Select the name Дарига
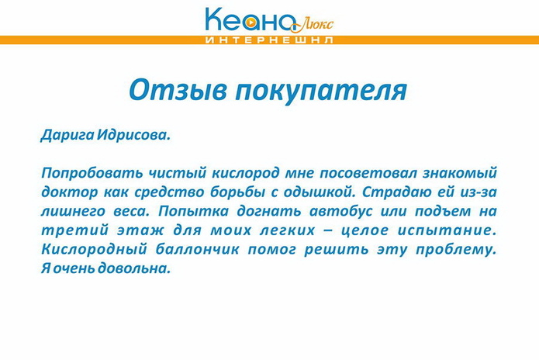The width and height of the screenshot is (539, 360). point(67,134)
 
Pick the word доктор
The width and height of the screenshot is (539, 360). point(67,192)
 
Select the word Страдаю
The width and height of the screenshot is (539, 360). point(398,192)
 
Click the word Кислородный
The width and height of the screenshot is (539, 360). point(90,250)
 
